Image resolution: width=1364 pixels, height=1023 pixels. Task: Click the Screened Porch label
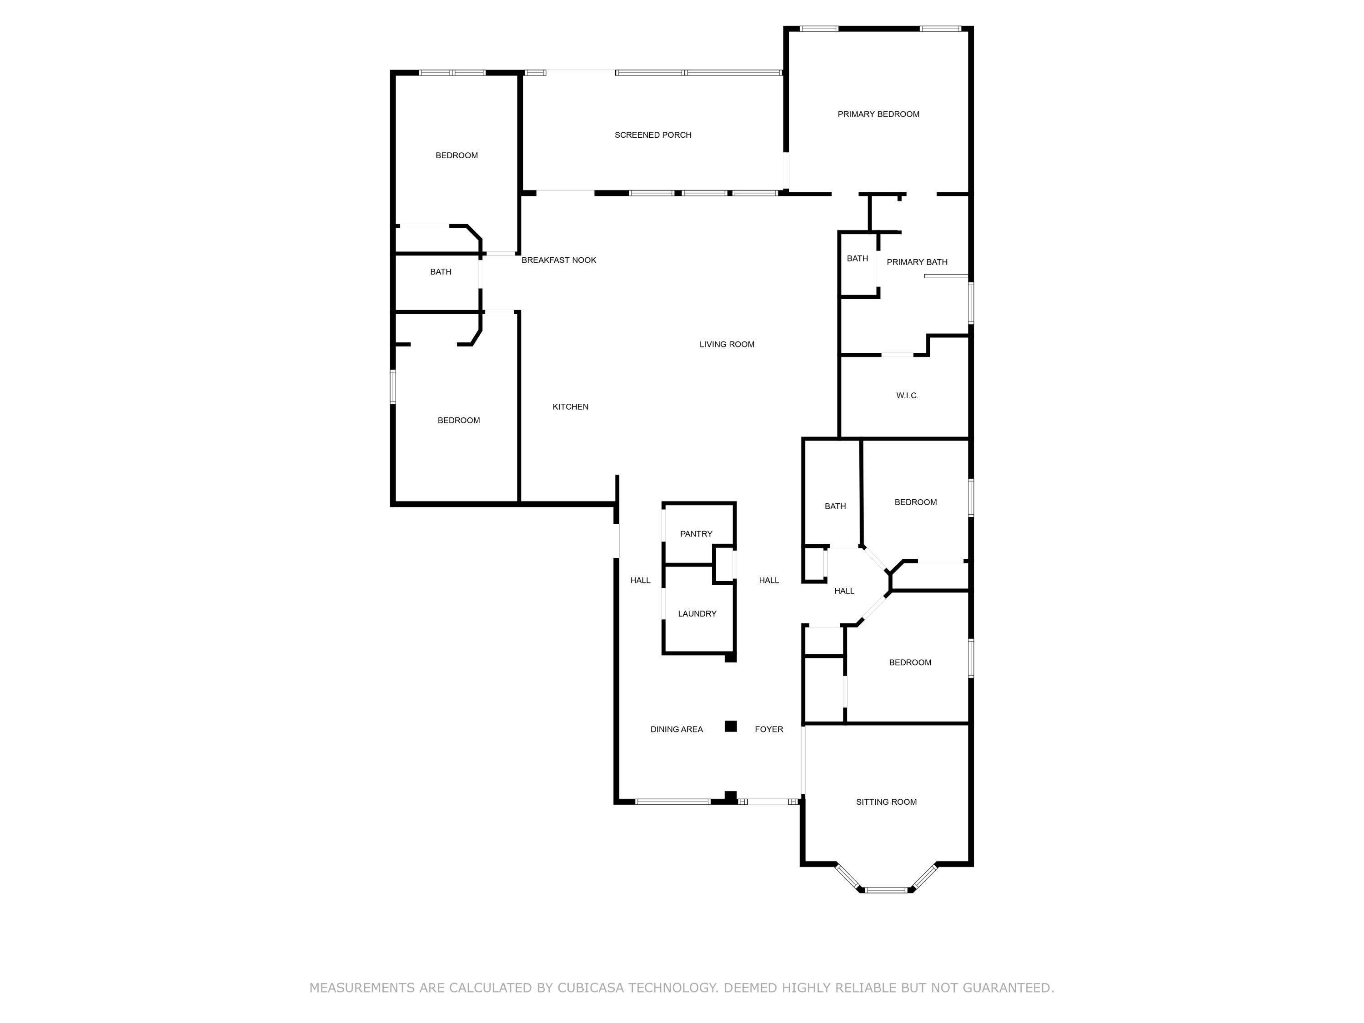click(652, 135)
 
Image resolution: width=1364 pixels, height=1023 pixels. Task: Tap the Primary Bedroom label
click(878, 114)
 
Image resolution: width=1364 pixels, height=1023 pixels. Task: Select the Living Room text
click(727, 344)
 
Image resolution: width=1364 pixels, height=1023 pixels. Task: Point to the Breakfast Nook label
click(559, 260)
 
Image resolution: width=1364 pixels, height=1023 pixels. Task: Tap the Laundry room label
click(697, 613)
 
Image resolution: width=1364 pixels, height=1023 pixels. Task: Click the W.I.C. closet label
click(907, 395)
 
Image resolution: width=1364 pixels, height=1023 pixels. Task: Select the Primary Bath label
click(917, 262)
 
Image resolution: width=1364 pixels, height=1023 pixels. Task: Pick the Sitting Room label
click(886, 802)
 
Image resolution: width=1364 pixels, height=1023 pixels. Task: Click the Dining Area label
click(677, 729)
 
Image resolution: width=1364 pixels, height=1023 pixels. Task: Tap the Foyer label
click(769, 729)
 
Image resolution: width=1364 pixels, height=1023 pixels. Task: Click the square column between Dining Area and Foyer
click(731, 726)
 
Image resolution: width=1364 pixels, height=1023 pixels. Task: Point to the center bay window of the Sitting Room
click(886, 890)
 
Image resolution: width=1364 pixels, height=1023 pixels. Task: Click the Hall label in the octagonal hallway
click(844, 591)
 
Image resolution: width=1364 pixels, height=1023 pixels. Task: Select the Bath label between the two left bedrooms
click(440, 272)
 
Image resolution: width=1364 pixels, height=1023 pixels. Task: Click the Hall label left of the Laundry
click(640, 580)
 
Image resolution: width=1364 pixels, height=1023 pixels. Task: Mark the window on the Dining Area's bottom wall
click(673, 802)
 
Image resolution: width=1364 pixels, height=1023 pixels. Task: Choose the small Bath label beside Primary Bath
click(857, 258)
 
